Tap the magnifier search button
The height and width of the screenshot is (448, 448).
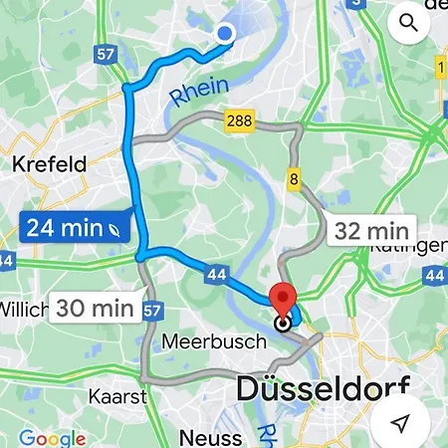pyautogui.click(x=408, y=22)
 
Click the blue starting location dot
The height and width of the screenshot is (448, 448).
pyautogui.click(x=225, y=34)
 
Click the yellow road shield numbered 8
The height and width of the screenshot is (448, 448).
pyautogui.click(x=295, y=179)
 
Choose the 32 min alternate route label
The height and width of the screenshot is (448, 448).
pyautogui.click(x=372, y=232)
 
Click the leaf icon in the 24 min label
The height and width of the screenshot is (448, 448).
pyautogui.click(x=118, y=228)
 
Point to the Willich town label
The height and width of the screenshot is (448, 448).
pyautogui.click(x=23, y=309)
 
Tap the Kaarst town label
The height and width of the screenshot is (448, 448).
pyautogui.click(x=117, y=395)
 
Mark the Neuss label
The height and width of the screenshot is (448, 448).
pyautogui.click(x=210, y=436)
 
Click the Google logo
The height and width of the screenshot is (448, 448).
pyautogui.click(x=52, y=438)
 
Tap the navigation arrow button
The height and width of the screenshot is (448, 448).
pyautogui.click(x=400, y=424)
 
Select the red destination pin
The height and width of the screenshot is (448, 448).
pyautogui.click(x=284, y=300)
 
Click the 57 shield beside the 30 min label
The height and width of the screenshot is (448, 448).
pyautogui.click(x=151, y=311)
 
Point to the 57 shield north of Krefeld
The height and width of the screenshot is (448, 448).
pyautogui.click(x=108, y=57)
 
